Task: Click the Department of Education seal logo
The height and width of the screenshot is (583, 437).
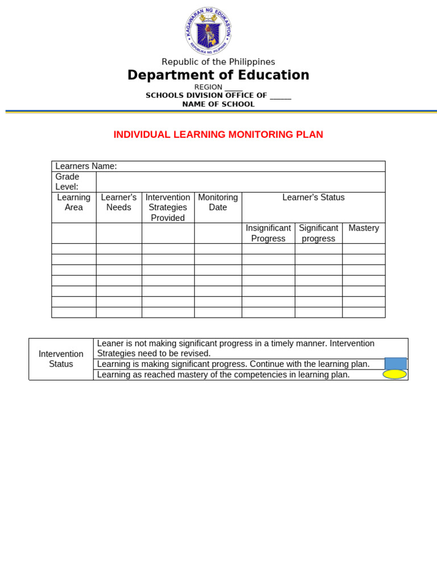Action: point(208,32)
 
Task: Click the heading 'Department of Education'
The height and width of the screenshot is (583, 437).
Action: point(218,75)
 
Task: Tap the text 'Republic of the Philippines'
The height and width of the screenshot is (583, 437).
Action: point(218,61)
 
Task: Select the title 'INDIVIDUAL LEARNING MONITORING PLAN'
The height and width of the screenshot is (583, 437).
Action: point(218,134)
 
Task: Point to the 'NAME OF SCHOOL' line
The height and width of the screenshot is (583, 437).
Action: point(218,104)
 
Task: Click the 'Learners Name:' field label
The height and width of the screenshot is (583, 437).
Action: point(86,166)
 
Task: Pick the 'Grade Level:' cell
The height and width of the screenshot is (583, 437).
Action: point(67,182)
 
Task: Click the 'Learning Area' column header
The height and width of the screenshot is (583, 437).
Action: point(73,202)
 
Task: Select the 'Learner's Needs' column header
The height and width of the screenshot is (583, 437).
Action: point(118,202)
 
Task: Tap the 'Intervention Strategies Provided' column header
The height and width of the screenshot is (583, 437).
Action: point(168,207)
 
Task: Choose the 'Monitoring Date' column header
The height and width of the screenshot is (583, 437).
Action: point(218,202)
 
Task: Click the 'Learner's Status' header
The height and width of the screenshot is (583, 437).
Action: point(314,198)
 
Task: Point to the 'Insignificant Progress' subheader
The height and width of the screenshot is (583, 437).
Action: point(268,233)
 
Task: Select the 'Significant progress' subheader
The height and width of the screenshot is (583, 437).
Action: point(319,233)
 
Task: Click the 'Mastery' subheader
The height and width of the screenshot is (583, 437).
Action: point(364,228)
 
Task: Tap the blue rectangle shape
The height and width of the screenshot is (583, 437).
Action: point(395,363)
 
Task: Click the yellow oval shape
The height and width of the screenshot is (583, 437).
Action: point(395,374)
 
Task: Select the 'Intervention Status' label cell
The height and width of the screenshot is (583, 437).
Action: point(61,359)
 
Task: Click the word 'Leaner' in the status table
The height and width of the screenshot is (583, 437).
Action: point(109,343)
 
